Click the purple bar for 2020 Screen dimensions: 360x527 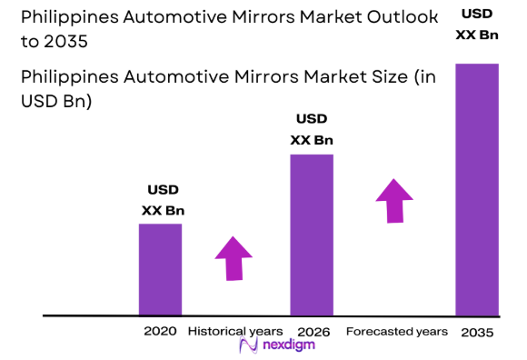[x=160, y=269]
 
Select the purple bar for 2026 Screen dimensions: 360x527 [x=312, y=235]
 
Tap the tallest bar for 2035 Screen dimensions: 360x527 [x=476, y=189]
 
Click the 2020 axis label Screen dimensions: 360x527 [x=160, y=331]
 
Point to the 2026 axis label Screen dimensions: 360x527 [x=312, y=331]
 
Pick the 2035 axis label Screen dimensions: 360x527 [x=476, y=333]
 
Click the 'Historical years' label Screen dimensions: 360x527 [x=235, y=331]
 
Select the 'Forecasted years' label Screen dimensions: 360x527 [x=397, y=331]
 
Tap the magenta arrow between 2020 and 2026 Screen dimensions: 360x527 [x=234, y=257]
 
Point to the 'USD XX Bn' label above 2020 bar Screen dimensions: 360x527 [x=163, y=200]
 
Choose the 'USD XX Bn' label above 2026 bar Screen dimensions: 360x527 [x=312, y=129]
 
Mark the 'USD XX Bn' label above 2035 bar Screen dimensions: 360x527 [x=476, y=25]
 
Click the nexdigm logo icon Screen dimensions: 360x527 [x=245, y=346]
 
